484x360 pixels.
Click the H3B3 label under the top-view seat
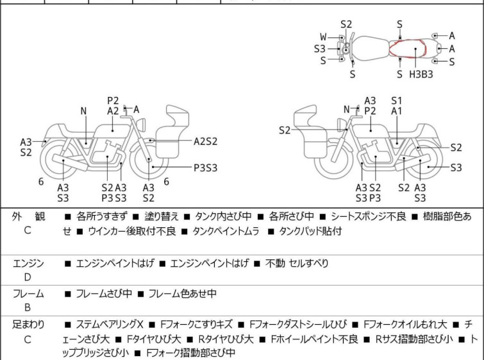421,74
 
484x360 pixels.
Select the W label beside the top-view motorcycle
323,37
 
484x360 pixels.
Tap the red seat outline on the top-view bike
408,47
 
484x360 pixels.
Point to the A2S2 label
206,140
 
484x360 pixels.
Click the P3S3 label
206,167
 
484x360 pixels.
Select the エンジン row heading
28,263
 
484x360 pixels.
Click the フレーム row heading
28,294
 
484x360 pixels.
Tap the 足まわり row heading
28,325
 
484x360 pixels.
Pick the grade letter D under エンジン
27,277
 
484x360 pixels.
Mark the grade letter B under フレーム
27,308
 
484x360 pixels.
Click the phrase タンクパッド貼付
310,231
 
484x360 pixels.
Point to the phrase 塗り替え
156,217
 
